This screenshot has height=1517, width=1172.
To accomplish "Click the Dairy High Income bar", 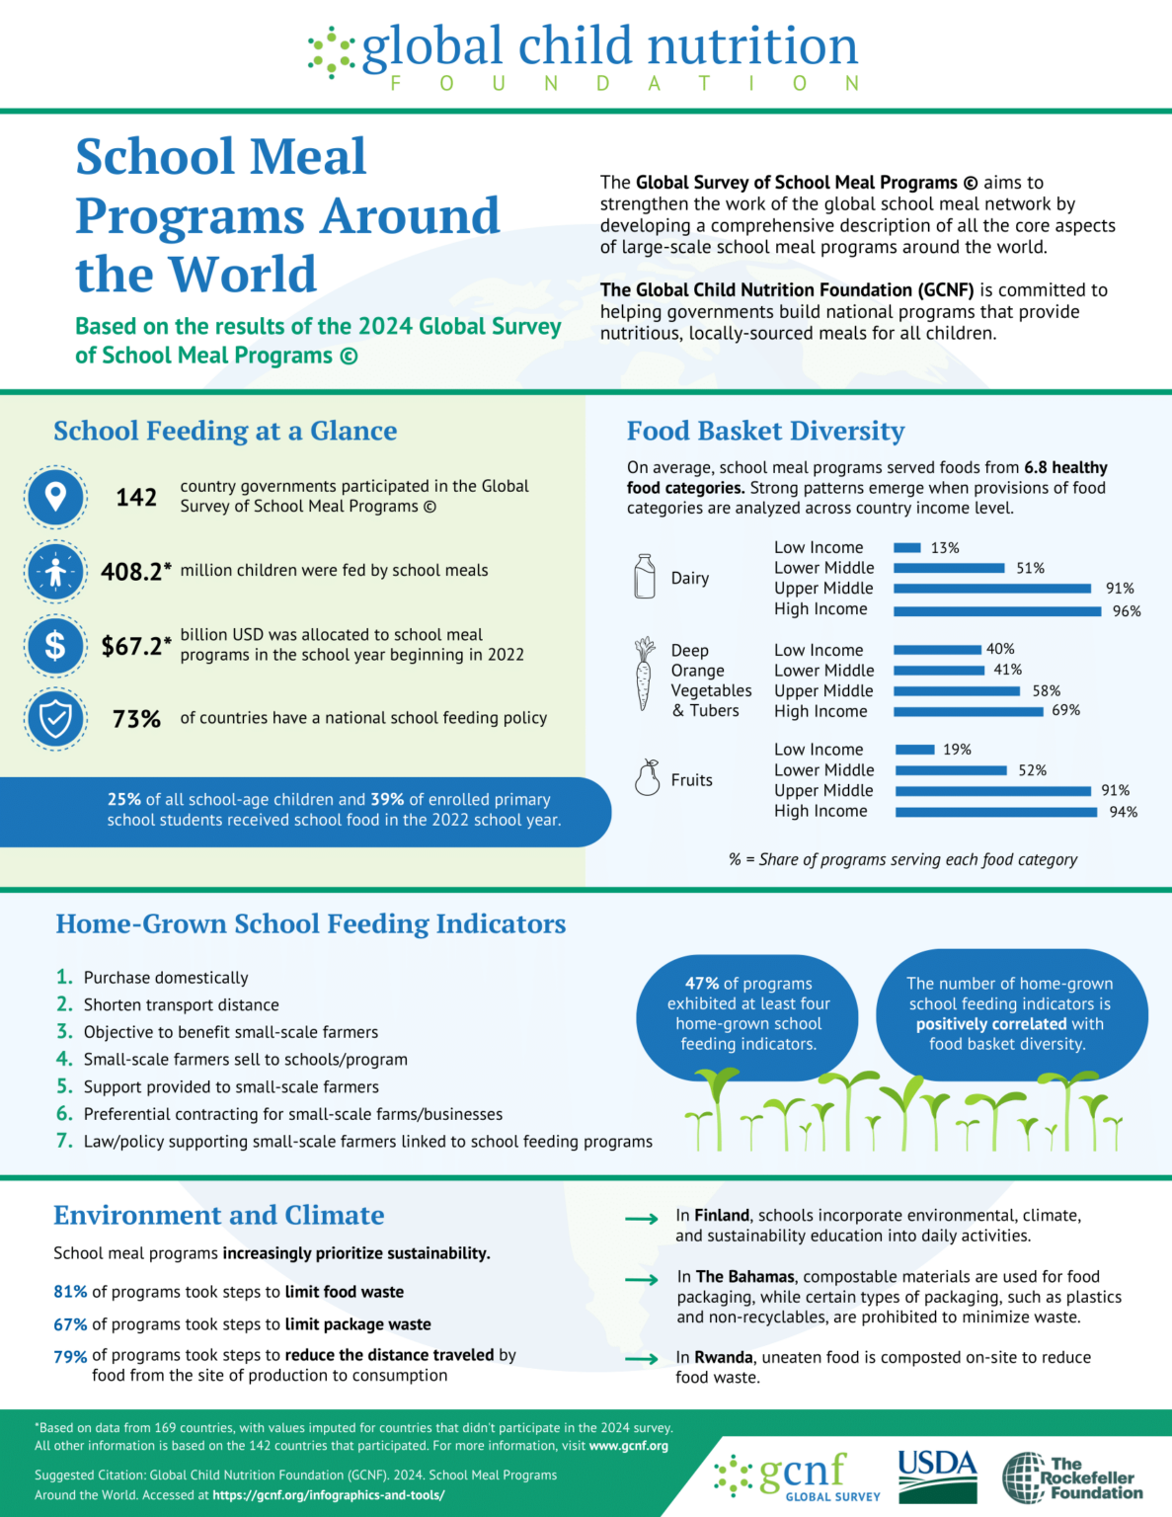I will [x=997, y=611].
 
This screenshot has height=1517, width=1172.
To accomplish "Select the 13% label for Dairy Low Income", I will [x=945, y=548].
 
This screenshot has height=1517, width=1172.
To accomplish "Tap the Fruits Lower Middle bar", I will [x=952, y=770].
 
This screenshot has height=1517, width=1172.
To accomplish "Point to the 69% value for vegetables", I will [x=1065, y=710].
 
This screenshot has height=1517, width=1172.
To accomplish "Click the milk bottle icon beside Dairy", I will [x=645, y=577].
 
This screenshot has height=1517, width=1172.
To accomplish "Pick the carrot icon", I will [x=644, y=674].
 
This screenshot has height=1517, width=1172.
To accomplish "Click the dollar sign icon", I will [x=55, y=645].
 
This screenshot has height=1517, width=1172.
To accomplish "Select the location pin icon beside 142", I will [x=55, y=497].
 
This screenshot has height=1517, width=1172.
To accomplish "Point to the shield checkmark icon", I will [x=55, y=718].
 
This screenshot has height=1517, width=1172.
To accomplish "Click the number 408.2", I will [x=131, y=572].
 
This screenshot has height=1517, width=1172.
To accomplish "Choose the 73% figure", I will [x=136, y=719].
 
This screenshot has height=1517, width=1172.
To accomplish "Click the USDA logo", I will [x=937, y=1476].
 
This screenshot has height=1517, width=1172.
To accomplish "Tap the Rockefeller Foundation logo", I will [x=1072, y=1477].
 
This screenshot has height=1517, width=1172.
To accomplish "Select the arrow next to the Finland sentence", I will [x=642, y=1219].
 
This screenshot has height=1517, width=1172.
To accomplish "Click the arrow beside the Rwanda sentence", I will [x=642, y=1359].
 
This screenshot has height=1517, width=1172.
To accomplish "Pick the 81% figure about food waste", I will [x=70, y=1292].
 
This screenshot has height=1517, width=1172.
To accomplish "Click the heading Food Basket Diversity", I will [x=765, y=431].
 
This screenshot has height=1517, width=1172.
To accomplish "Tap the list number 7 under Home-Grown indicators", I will [x=64, y=1141].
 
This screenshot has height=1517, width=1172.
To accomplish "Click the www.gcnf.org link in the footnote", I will [x=628, y=1446].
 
